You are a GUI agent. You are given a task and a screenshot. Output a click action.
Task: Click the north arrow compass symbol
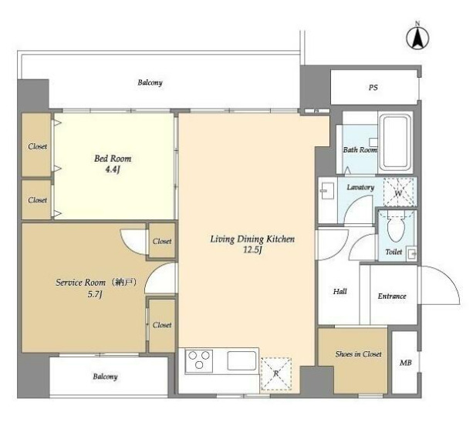click(x=417, y=38)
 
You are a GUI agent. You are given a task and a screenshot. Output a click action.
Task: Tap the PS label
click(x=373, y=87)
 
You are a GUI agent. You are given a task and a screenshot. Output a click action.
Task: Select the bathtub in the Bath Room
click(x=395, y=142)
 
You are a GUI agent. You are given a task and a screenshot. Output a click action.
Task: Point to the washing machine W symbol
click(x=398, y=193)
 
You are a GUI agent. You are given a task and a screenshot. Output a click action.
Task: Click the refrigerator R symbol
click(x=276, y=373)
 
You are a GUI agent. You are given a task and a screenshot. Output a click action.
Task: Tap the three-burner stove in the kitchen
click(x=199, y=361)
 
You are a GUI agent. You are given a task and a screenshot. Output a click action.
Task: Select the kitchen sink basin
click(x=242, y=360)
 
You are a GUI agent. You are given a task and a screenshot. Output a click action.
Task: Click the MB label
click(x=405, y=363)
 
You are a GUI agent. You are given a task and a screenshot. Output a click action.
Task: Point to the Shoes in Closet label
click(x=358, y=354)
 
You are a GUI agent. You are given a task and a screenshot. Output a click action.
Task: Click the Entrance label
click(x=392, y=296)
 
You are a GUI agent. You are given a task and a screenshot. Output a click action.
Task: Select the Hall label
click(x=340, y=291)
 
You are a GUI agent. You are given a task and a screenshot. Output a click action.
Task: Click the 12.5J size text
click(x=252, y=250)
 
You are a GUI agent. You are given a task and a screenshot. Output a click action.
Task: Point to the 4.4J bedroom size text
click(x=112, y=169)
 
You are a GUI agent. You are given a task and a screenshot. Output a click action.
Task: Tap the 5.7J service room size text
click(x=95, y=294)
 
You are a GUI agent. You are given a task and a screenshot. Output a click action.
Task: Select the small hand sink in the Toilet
click(x=411, y=253)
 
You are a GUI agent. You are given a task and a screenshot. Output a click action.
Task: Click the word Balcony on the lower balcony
click(x=105, y=377)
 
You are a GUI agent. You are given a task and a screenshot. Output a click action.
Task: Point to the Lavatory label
click(x=360, y=187)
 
